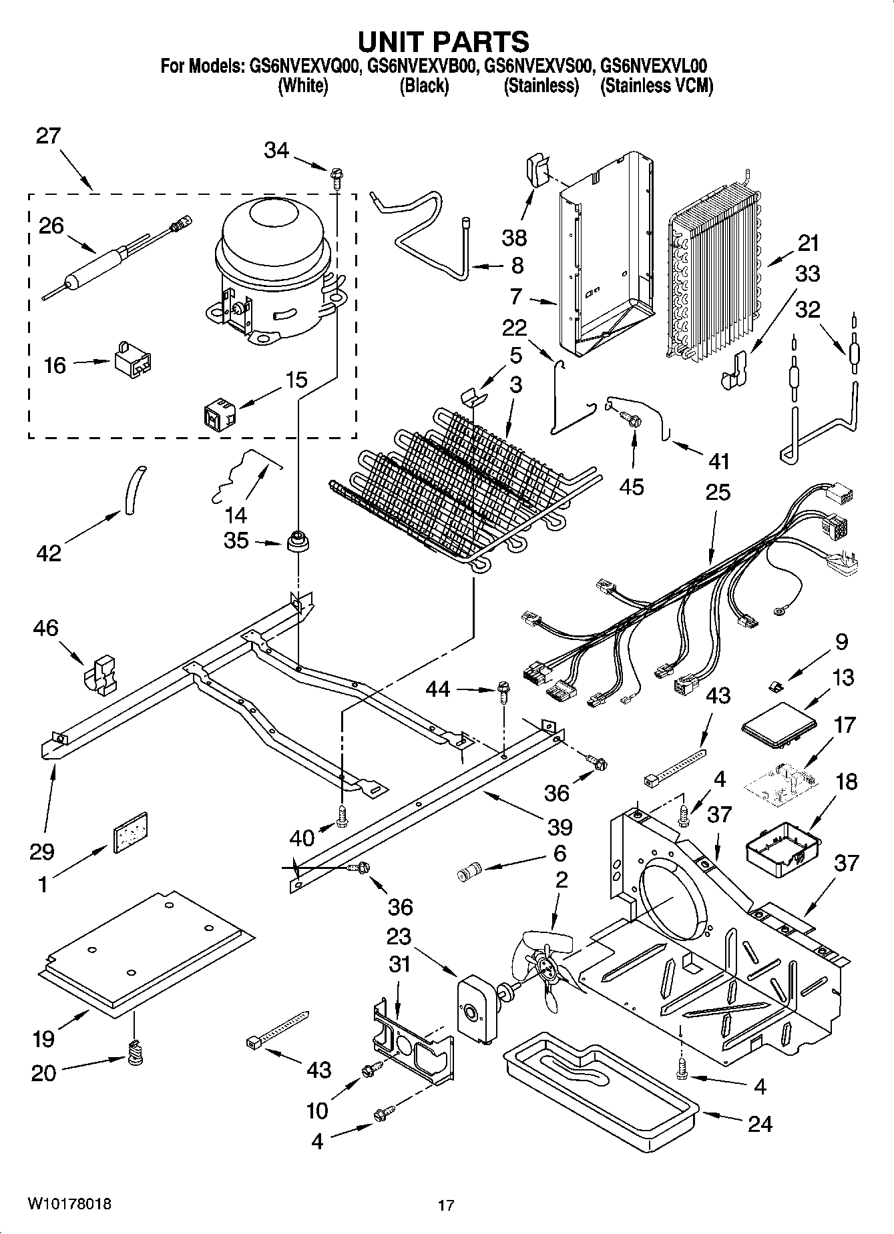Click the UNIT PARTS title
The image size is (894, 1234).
tap(443, 41)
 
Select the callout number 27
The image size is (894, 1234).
tap(48, 136)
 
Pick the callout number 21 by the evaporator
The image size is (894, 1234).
tap(808, 243)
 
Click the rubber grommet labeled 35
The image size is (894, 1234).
tap(298, 542)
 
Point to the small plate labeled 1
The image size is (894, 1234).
tap(130, 832)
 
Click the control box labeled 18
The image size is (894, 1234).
tap(782, 850)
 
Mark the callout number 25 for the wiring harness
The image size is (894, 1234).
tap(718, 493)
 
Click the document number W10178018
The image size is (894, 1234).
tap(69, 1205)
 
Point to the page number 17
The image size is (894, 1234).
tap(446, 1205)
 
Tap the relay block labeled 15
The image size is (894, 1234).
tap(220, 414)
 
